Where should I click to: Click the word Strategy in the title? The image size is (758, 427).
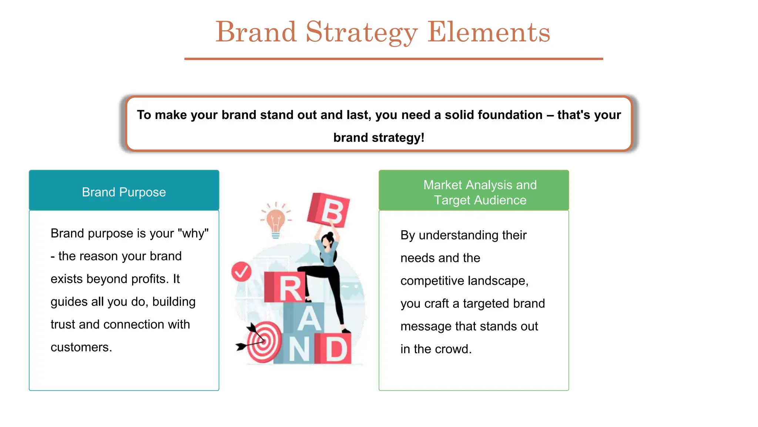click(361, 33)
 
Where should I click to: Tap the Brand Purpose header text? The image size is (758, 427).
click(124, 192)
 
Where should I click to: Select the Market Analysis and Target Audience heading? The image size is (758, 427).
click(480, 192)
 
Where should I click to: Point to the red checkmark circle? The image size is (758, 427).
click(241, 272)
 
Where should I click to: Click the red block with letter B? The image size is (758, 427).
click(329, 210)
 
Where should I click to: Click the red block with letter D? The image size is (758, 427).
click(335, 349)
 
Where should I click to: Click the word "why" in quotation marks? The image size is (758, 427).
click(193, 234)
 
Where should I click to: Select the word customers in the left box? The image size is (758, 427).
click(81, 347)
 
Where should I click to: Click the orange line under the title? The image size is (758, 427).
click(393, 59)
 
